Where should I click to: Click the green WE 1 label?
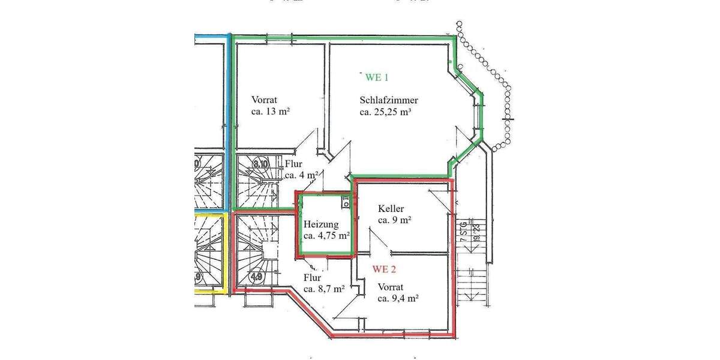[x=377, y=77]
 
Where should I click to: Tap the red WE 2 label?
[x=384, y=268]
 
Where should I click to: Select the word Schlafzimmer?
[x=389, y=100]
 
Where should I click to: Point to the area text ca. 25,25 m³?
[x=389, y=112]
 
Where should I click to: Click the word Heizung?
[x=322, y=224]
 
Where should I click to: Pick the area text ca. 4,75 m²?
[x=326, y=236]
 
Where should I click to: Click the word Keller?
[x=391, y=209]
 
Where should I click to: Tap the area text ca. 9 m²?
[x=394, y=220]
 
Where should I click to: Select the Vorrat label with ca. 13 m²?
[x=264, y=100]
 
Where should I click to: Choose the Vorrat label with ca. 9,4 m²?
[x=391, y=286]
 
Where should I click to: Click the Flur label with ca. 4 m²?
[x=294, y=164]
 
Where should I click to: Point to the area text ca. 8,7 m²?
[x=323, y=289]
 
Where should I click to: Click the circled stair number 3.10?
[x=260, y=163]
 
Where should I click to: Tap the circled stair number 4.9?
[x=256, y=278]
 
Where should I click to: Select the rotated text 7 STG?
[x=463, y=231]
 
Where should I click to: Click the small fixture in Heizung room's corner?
[x=346, y=202]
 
